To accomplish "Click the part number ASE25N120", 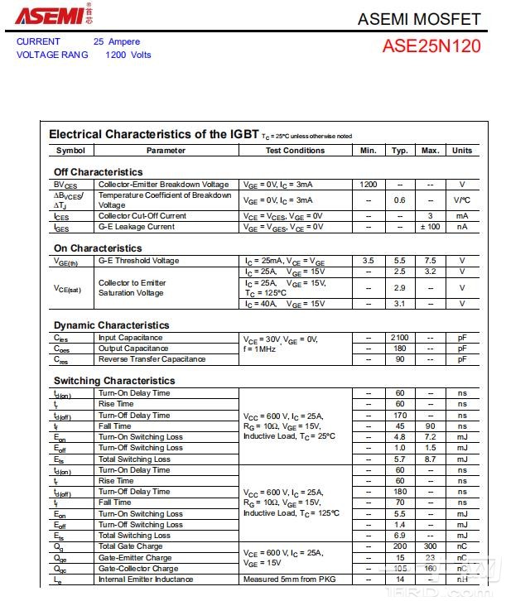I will [x=431, y=46].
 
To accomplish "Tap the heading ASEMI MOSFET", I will [x=418, y=19].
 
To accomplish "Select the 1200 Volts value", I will [x=128, y=55].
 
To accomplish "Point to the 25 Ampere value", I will [x=117, y=41].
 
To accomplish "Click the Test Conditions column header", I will [x=295, y=151].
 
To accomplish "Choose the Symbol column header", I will [x=70, y=151].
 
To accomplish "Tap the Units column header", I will [x=462, y=151].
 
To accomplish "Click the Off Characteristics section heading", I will [x=98, y=172].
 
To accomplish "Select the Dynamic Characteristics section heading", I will [x=111, y=325].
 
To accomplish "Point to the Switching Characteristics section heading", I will [x=114, y=381].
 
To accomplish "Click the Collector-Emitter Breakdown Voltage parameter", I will [x=163, y=185].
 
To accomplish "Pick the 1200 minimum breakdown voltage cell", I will [x=369, y=185].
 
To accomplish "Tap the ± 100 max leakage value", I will [x=430, y=227].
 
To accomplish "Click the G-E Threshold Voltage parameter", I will [x=138, y=261].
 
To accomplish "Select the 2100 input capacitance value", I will [x=399, y=338].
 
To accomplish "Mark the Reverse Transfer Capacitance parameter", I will [x=152, y=359].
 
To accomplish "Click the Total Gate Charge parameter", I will [x=130, y=546].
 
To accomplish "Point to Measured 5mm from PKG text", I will [x=289, y=579].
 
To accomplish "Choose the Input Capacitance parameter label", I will [x=130, y=338].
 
